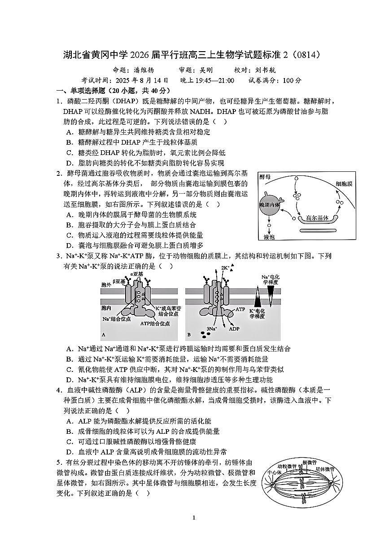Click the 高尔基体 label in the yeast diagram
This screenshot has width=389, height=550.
pos(317,218)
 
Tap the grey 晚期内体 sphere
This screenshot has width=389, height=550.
pos(269,205)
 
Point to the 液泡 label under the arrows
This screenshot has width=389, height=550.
pos(269,236)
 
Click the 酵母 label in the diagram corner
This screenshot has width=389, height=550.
pos(265,177)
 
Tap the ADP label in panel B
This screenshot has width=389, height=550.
pos(235,328)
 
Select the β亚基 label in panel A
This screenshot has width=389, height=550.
pos(119,281)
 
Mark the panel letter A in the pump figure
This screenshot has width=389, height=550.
pos(104,335)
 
